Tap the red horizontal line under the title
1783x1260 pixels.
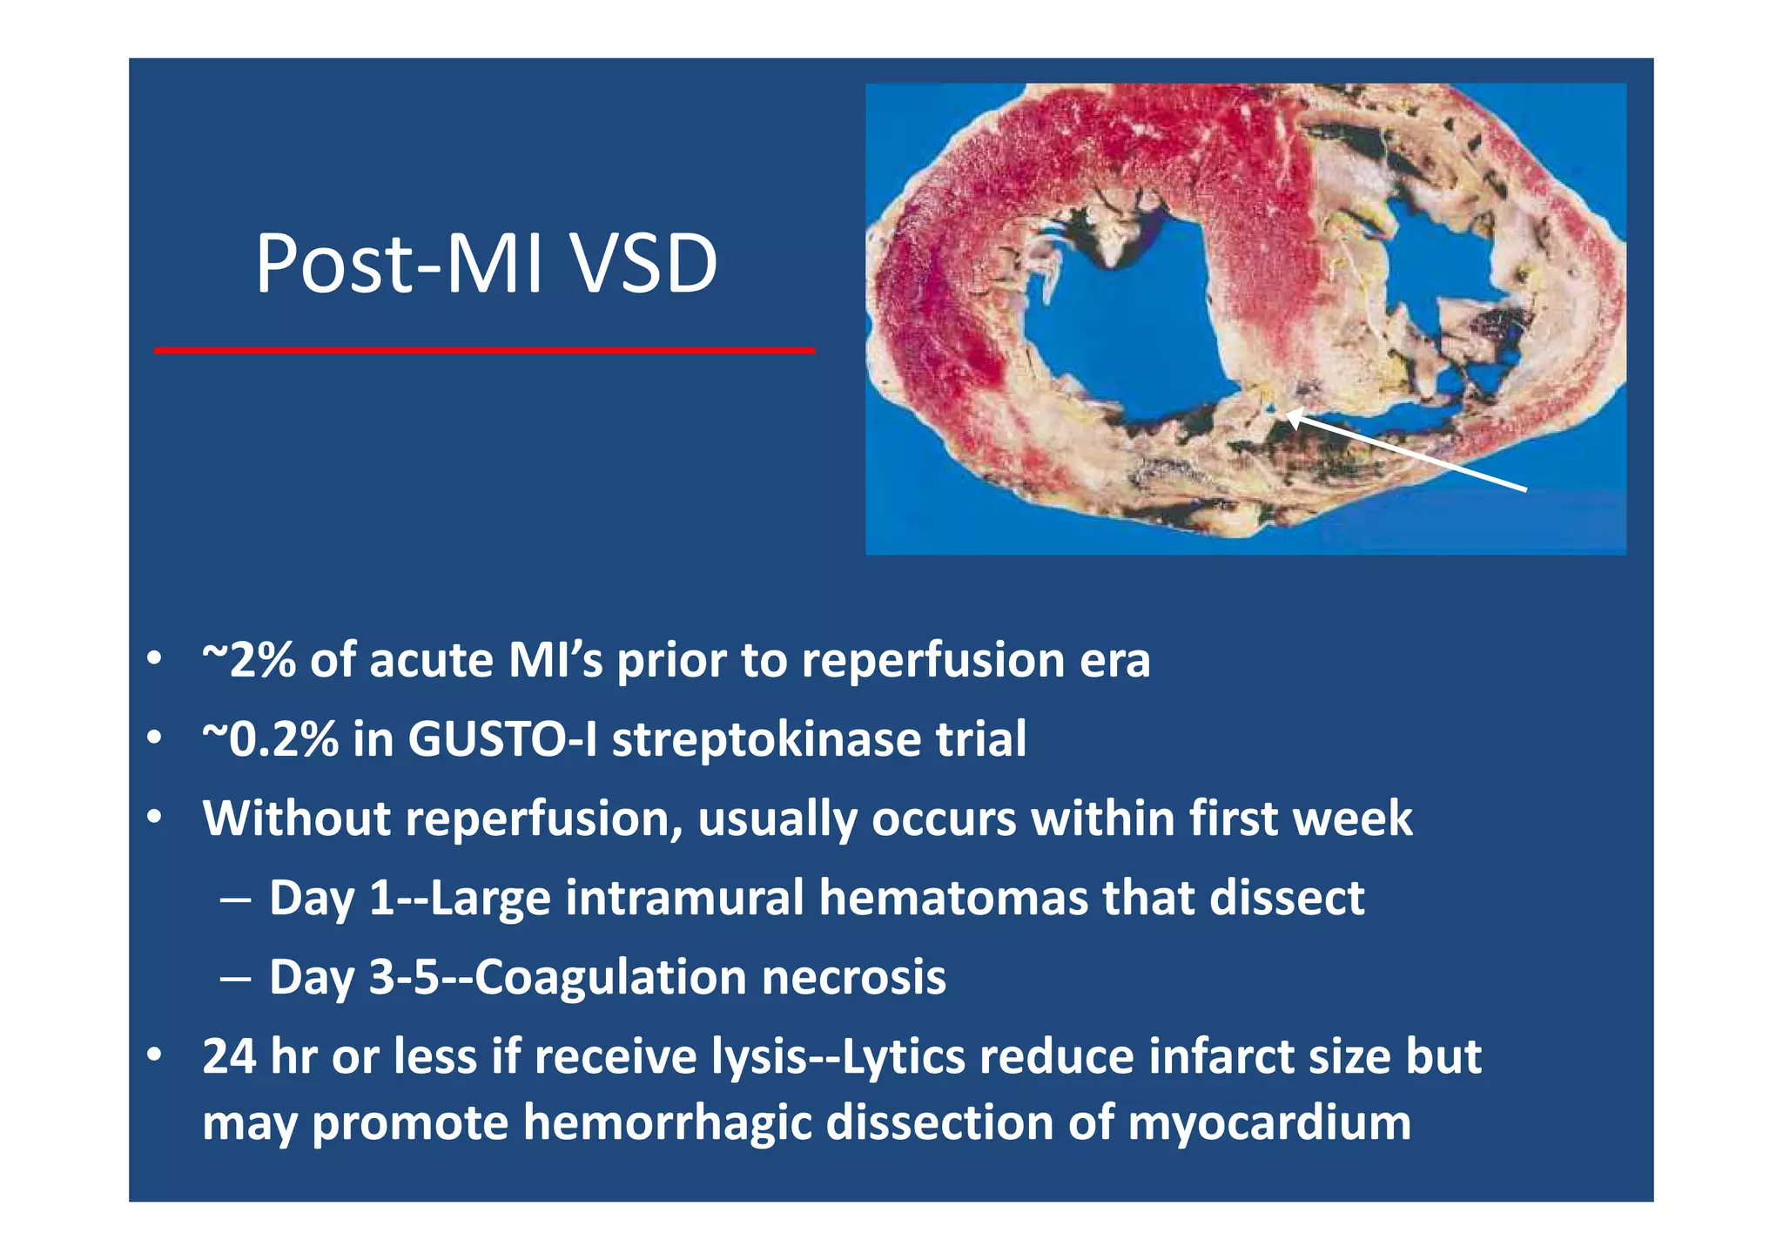pos(484,350)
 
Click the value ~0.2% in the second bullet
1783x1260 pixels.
pos(270,739)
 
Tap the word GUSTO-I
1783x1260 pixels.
pos(501,739)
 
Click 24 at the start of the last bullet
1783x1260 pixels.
pos(228,1056)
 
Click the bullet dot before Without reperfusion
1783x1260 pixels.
pos(154,818)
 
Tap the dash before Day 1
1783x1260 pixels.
pos(236,898)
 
